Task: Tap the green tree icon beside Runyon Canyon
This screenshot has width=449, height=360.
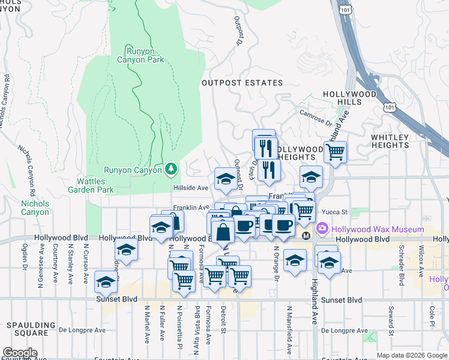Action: coord(172,170)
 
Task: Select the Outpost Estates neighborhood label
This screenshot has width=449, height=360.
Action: coord(242,83)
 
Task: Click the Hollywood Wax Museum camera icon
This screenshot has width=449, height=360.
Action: coord(322,228)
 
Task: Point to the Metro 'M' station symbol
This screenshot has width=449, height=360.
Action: coord(306,235)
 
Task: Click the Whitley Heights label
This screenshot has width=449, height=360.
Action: coord(390,141)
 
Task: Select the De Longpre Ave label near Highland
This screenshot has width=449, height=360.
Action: coord(334,330)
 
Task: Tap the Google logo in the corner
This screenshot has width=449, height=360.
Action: coord(20,352)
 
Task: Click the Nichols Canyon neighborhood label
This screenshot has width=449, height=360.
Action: coord(35,208)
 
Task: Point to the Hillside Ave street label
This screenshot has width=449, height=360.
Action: coord(190,188)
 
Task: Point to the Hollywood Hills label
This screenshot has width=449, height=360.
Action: coord(349,98)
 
